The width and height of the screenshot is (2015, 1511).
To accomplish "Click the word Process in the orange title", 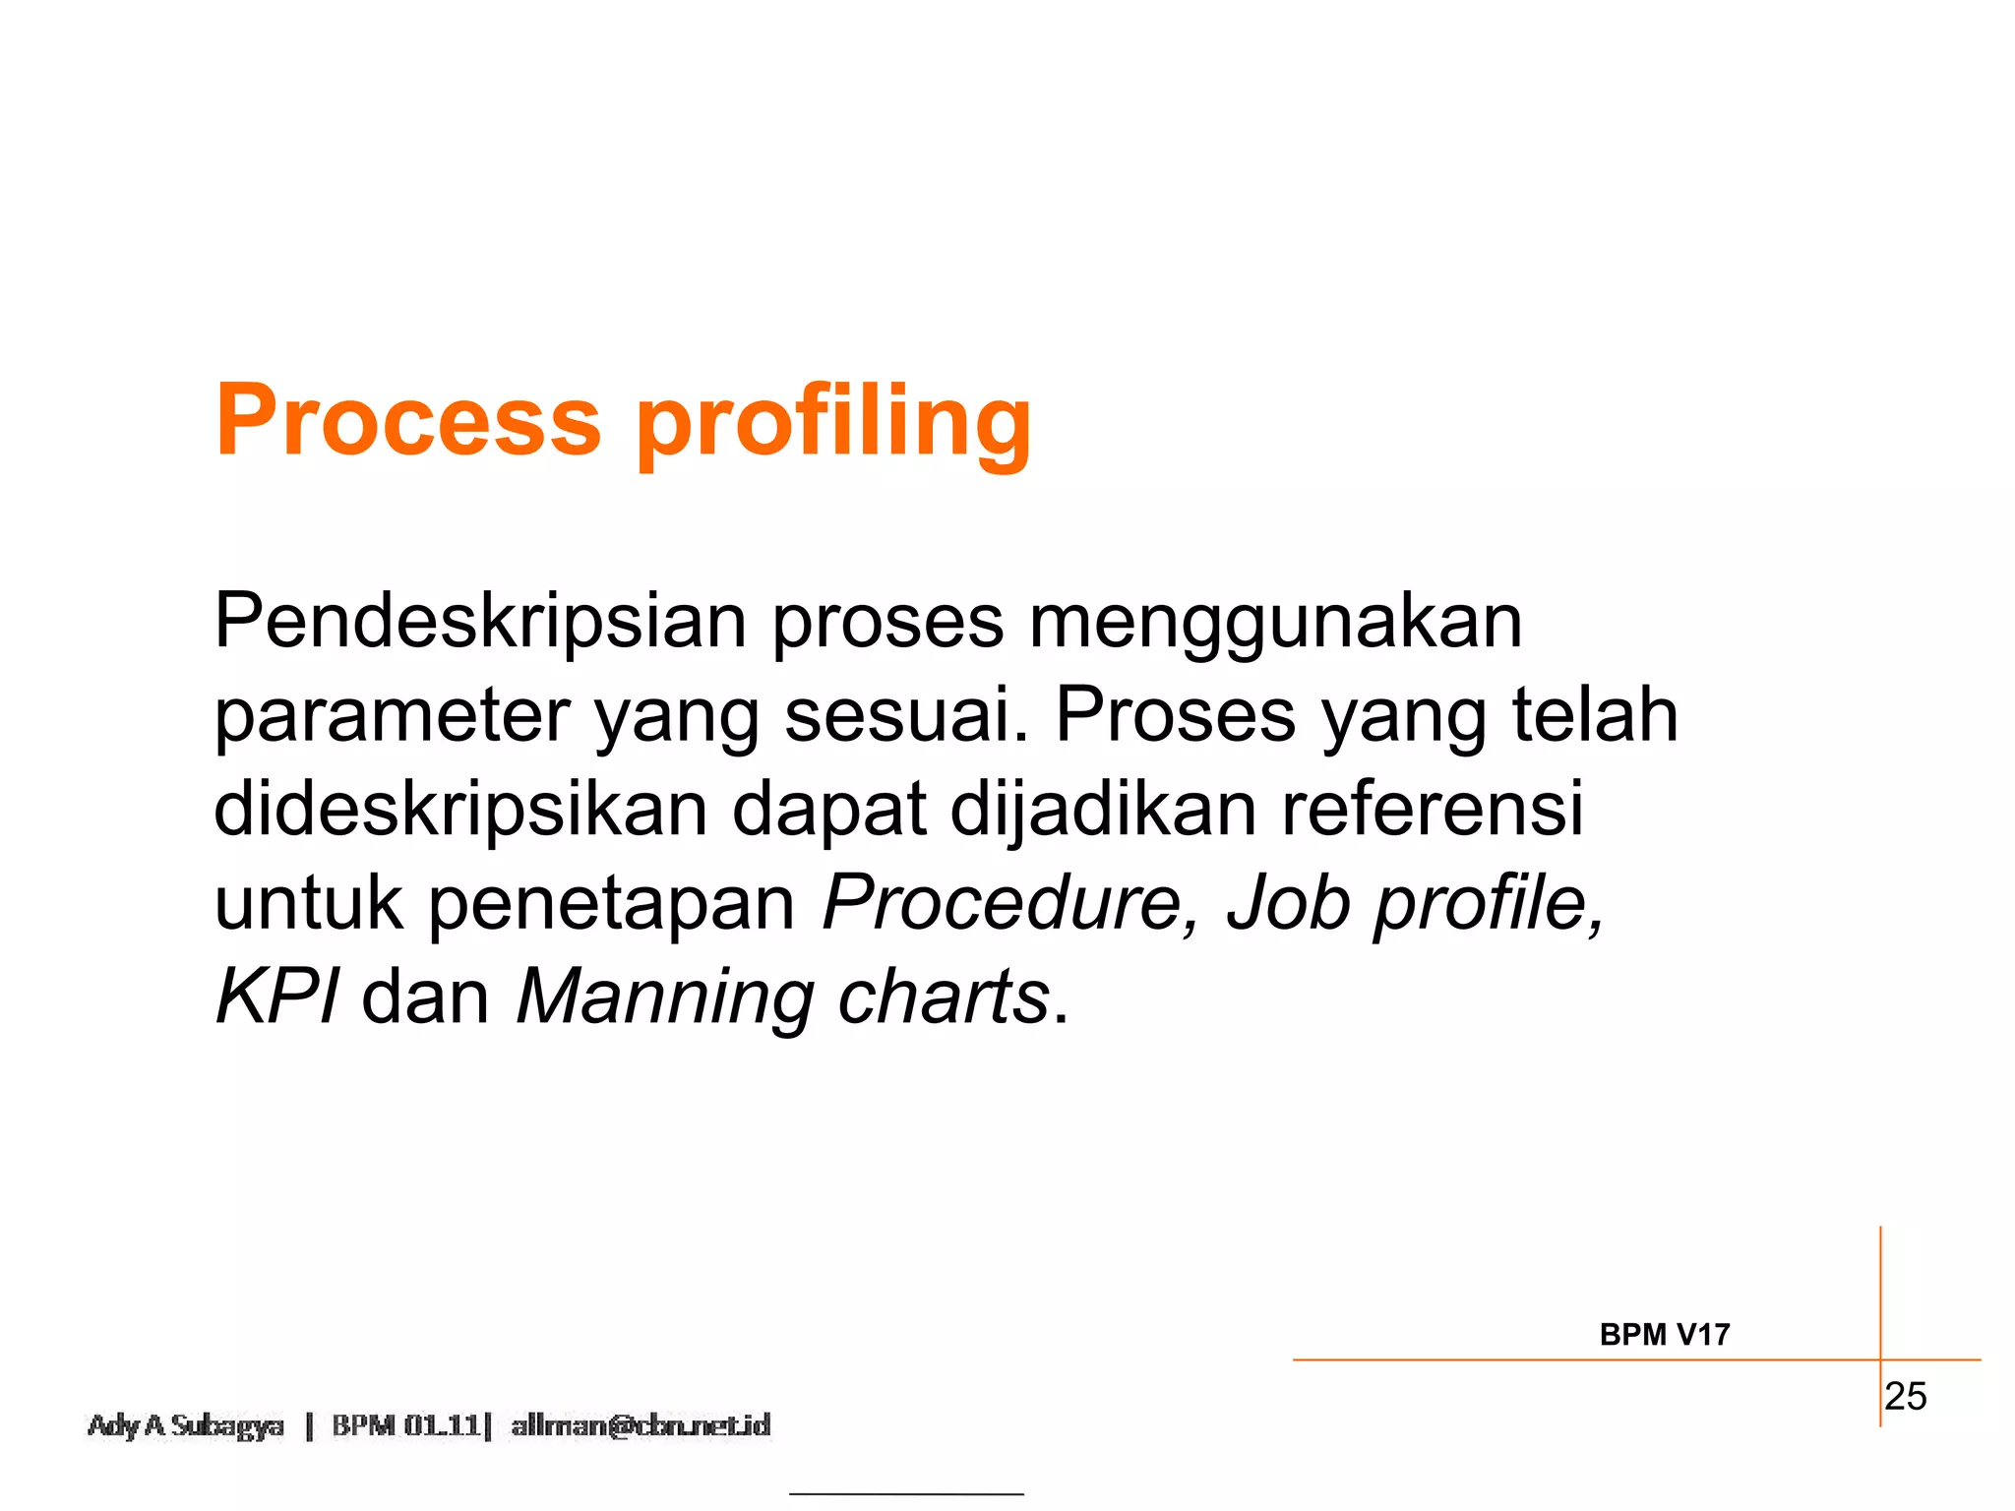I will tap(408, 421).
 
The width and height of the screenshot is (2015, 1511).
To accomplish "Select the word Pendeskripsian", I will tap(480, 622).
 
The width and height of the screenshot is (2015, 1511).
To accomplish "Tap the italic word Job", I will tap(1289, 902).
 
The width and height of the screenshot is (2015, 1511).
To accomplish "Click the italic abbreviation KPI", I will tap(277, 997).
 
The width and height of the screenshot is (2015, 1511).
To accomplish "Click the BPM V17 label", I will tap(1664, 1335).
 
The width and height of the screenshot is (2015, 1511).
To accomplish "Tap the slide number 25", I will tap(1906, 1397).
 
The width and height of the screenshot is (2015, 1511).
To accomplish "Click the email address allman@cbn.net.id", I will tap(641, 1425).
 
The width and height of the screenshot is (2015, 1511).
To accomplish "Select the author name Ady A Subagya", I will tap(186, 1425).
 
